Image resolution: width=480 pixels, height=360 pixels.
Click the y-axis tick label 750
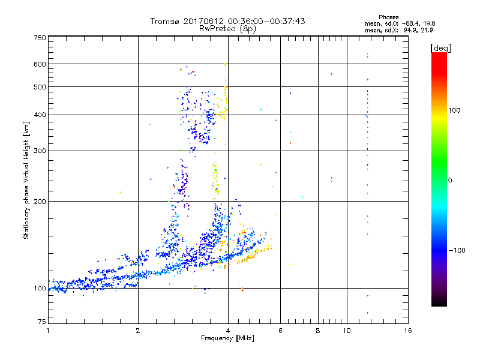40,38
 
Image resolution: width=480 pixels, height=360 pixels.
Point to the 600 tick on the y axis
40,64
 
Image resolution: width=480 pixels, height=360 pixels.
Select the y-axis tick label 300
40,151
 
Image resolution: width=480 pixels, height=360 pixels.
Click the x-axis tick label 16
408,331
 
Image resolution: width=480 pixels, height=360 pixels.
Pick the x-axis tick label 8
318,331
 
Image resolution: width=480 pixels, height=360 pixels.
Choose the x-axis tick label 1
48,331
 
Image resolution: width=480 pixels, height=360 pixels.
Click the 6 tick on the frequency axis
280,331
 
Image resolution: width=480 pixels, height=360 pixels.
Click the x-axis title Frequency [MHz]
228,339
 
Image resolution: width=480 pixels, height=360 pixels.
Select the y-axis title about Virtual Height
26,180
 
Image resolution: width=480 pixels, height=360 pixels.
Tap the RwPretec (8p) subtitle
228,28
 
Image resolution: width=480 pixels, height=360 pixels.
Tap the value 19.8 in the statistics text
426,23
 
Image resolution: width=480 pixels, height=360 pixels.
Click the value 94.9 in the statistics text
410,29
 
